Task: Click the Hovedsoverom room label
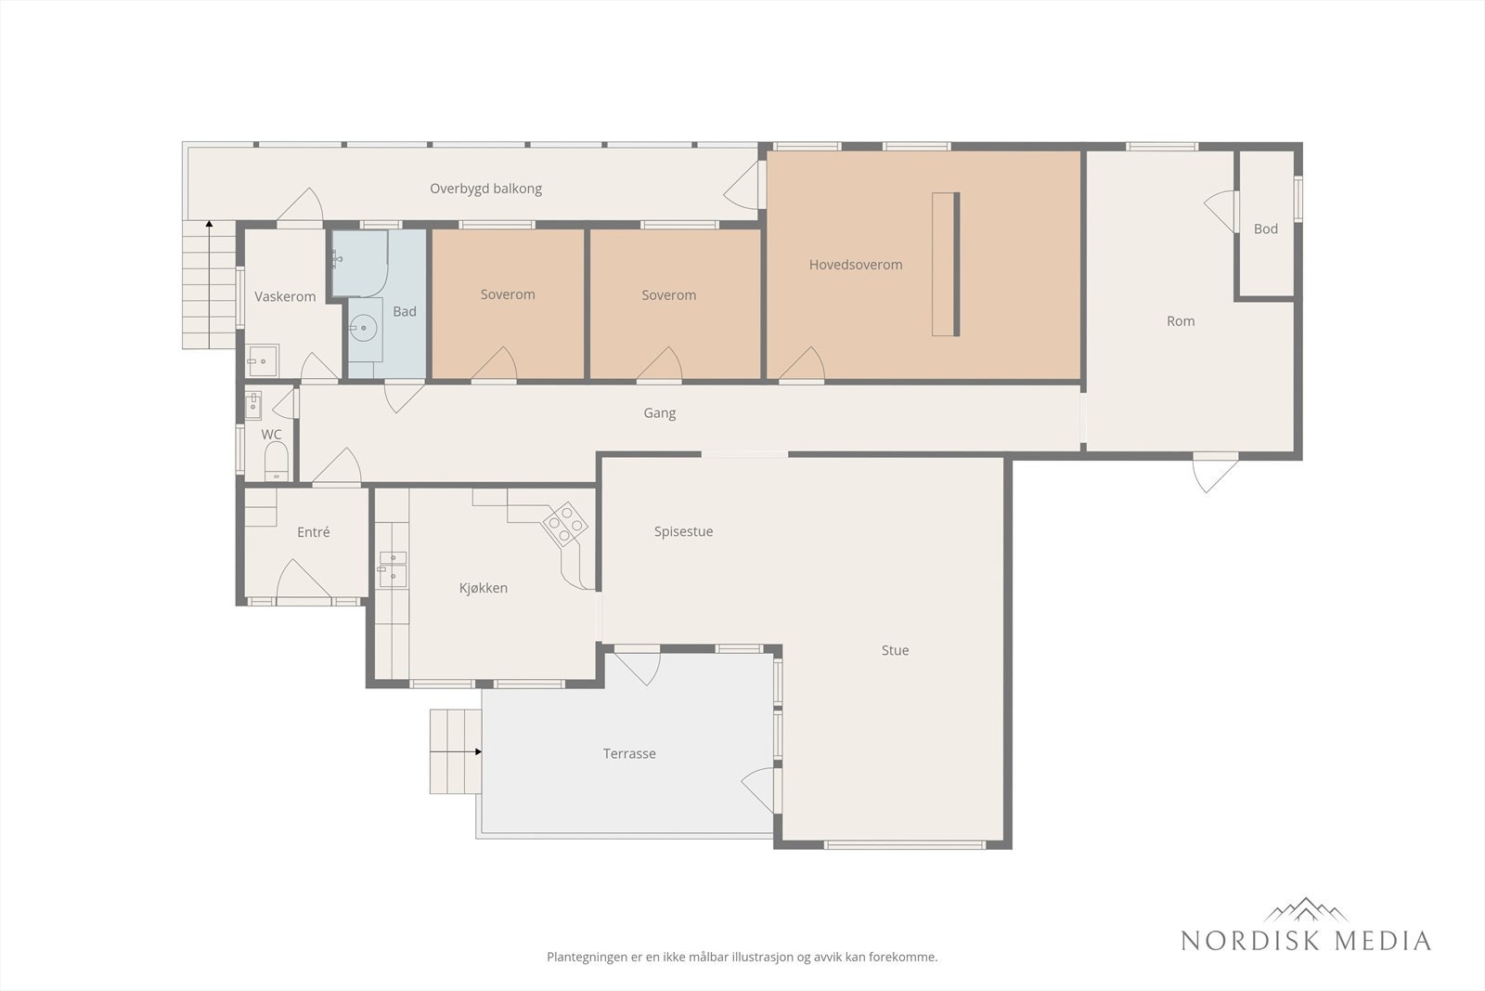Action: (x=855, y=265)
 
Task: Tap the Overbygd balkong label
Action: (x=485, y=189)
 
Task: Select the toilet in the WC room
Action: (x=277, y=461)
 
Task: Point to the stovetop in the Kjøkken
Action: (x=564, y=523)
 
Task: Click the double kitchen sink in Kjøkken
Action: (x=393, y=568)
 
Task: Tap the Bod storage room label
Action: (x=1265, y=228)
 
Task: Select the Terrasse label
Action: (x=629, y=753)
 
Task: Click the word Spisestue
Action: (x=683, y=531)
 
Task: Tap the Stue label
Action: (x=895, y=650)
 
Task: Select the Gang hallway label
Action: (x=659, y=412)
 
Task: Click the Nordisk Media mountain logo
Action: (x=1305, y=909)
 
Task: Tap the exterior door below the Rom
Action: (x=1214, y=471)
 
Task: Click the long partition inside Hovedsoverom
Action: (x=946, y=264)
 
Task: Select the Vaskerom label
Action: (x=285, y=296)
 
